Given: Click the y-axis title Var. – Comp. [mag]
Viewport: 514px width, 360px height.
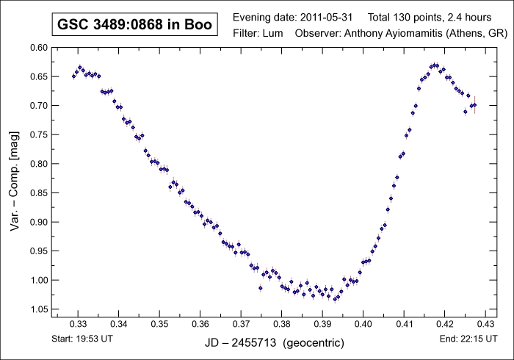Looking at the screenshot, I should point(14,178).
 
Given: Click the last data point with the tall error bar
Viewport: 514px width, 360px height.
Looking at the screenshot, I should point(474,104).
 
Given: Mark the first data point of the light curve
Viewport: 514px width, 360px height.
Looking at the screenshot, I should point(73,76).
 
